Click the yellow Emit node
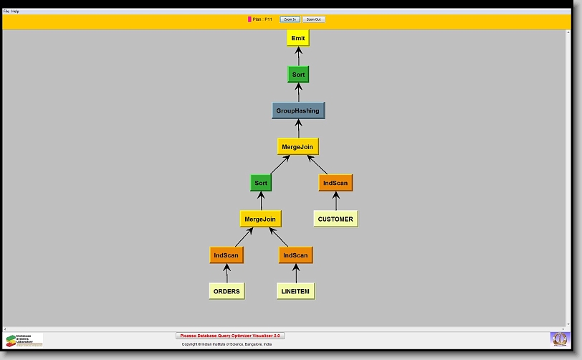pos(298,38)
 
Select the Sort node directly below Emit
pos(298,75)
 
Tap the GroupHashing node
pos(298,111)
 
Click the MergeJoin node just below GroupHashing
pos(297,147)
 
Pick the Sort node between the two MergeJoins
pos(261,183)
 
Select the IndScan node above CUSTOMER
pos(335,183)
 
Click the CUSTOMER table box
pos(335,219)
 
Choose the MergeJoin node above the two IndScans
pos(260,219)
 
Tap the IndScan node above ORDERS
pos(226,255)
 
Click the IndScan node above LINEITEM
pos(295,255)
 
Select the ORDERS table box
pos(226,291)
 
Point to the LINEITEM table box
pos(295,291)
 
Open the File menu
pos(6,11)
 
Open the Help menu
pos(16,11)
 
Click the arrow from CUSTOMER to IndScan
pos(335,201)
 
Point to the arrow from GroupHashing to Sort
pos(298,93)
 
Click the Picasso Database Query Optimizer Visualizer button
pos(230,336)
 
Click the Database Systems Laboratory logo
pos(24,340)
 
